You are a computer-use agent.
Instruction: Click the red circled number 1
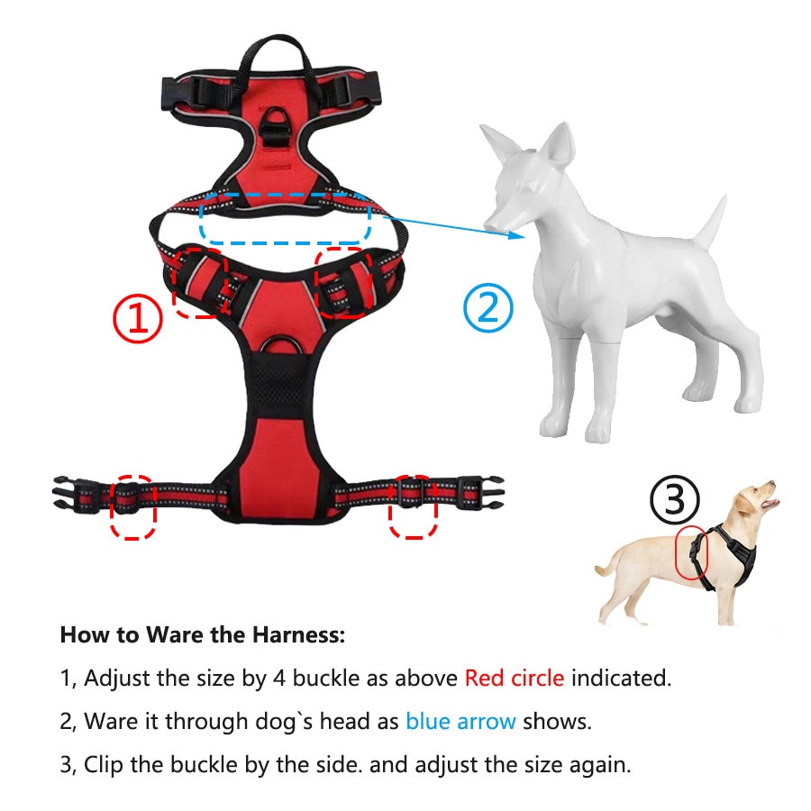[x=138, y=317]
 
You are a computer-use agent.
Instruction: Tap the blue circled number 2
[x=488, y=308]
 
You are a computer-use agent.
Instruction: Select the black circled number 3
[x=674, y=499]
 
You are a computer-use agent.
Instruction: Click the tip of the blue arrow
[x=524, y=237]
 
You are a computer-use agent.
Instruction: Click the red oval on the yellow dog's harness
[x=691, y=553]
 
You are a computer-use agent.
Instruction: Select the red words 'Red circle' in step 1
[x=515, y=678]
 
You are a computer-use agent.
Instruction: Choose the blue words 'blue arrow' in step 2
[x=460, y=721]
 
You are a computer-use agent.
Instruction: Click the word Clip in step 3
[x=104, y=765]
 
